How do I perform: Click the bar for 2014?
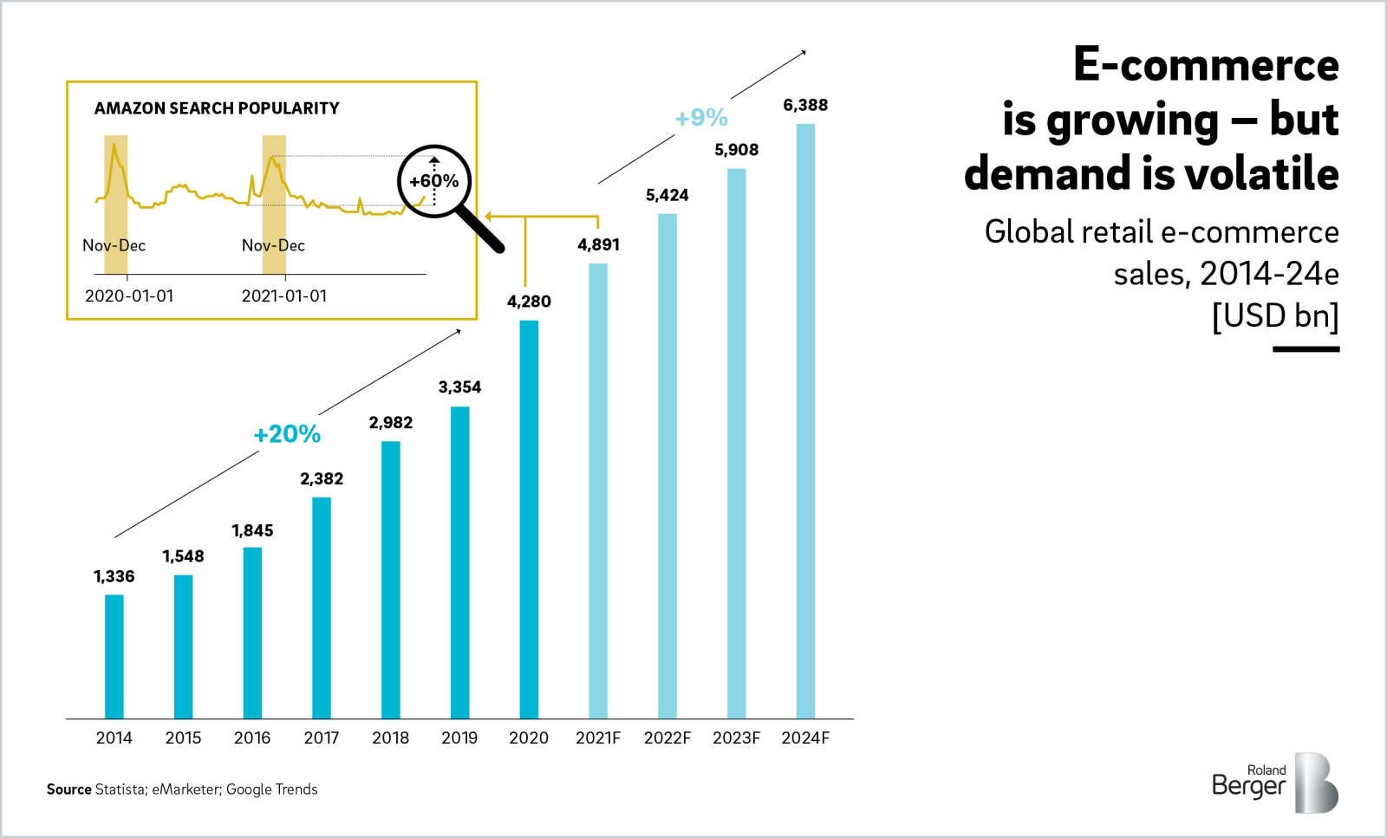coord(114,657)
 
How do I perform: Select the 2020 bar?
coord(529,520)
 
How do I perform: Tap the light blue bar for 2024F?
coord(805,421)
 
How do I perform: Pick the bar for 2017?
coord(322,608)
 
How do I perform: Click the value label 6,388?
coord(805,106)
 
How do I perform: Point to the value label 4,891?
coord(598,245)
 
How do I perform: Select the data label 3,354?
coord(459,387)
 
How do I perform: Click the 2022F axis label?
coord(667,737)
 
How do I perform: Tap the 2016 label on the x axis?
coord(252,737)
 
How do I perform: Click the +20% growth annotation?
coord(287,434)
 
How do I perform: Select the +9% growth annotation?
coord(701,118)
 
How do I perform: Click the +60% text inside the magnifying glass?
coord(434,181)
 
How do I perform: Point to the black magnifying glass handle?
coord(480,229)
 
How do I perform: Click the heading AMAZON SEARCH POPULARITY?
coord(217,108)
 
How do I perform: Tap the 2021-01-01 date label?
coord(284,296)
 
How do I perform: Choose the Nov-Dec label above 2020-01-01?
coord(114,246)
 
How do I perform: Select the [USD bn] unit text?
coord(1275,315)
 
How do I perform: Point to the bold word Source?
coord(69,789)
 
